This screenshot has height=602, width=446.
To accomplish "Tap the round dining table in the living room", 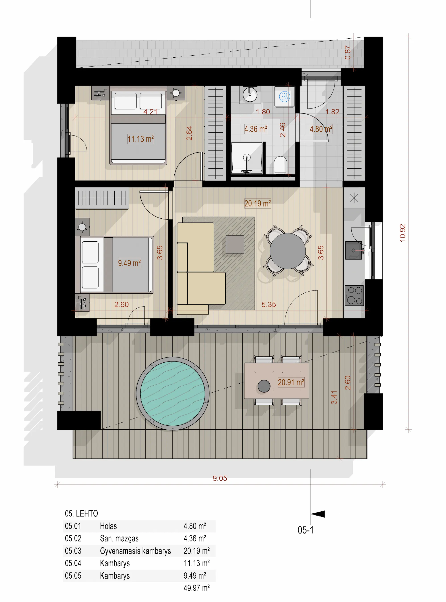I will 287,251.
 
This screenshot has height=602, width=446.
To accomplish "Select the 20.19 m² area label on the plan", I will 257,203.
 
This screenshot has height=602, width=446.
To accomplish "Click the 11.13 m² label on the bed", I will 140,139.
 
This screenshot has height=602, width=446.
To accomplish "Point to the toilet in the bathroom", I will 280,165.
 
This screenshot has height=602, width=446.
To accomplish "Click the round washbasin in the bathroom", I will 250,94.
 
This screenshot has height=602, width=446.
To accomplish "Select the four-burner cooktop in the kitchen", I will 354,295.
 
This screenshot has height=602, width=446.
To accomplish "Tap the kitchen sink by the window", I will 353,250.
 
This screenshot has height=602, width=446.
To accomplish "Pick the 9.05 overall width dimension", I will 220,478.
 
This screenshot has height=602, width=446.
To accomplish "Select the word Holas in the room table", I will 108,526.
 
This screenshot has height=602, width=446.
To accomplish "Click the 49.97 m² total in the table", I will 196,588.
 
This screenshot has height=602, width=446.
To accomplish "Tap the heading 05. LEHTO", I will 81,514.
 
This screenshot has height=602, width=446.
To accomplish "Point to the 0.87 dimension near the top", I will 348,52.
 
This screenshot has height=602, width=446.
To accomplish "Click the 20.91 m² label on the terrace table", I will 291,382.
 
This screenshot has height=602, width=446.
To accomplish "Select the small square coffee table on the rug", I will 235,244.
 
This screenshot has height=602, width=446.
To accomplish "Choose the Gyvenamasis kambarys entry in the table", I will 135,551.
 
